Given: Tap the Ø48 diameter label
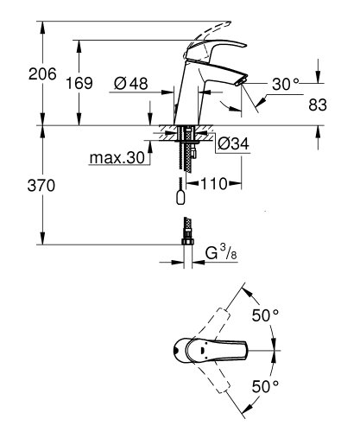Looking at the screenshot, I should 132,84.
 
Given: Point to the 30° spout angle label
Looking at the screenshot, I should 285,84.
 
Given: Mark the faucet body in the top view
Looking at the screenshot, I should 194,351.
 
